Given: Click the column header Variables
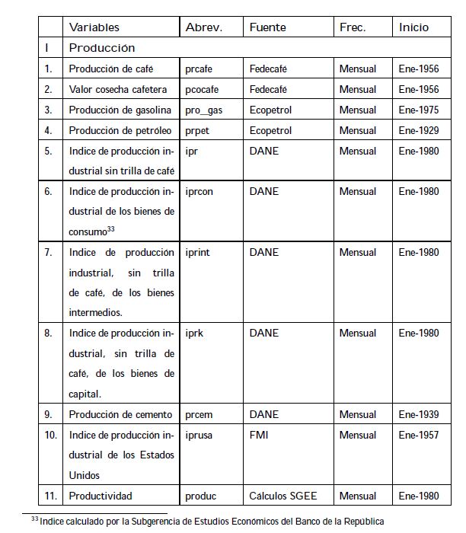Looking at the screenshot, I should point(94,27).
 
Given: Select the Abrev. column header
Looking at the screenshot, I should point(203,27).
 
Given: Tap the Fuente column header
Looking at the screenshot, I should point(268,27).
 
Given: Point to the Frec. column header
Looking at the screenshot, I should point(353,27).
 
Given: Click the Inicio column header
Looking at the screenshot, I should point(413,27).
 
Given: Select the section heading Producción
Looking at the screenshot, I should point(102,48).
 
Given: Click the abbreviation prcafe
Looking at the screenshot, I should point(200,69).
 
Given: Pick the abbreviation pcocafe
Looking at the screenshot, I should point(203,89).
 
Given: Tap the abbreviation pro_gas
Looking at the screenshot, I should point(203,110).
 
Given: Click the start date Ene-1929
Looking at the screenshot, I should point(419,130).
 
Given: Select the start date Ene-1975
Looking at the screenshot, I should point(419,110).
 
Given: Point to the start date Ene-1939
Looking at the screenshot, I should point(419,414).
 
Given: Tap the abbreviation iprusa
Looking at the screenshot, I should point(199,436).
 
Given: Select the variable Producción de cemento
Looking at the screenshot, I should point(120,414).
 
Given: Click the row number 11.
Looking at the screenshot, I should point(51,496).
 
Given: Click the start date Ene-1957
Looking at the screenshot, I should point(419,436).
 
